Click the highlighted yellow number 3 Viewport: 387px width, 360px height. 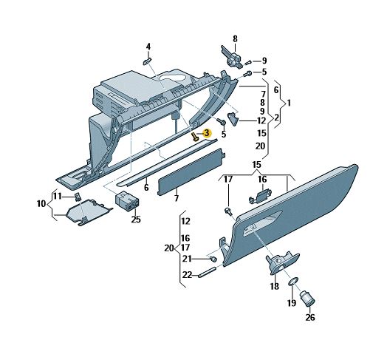206,133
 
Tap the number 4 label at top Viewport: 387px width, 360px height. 148,47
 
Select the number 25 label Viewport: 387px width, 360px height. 136,219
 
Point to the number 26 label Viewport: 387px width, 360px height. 310,317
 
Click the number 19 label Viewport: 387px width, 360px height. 292,302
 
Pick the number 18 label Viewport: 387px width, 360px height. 275,286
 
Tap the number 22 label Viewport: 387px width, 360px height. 187,275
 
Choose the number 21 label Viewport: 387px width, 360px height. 187,259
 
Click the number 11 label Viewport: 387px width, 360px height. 58,197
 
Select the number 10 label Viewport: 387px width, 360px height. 41,204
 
